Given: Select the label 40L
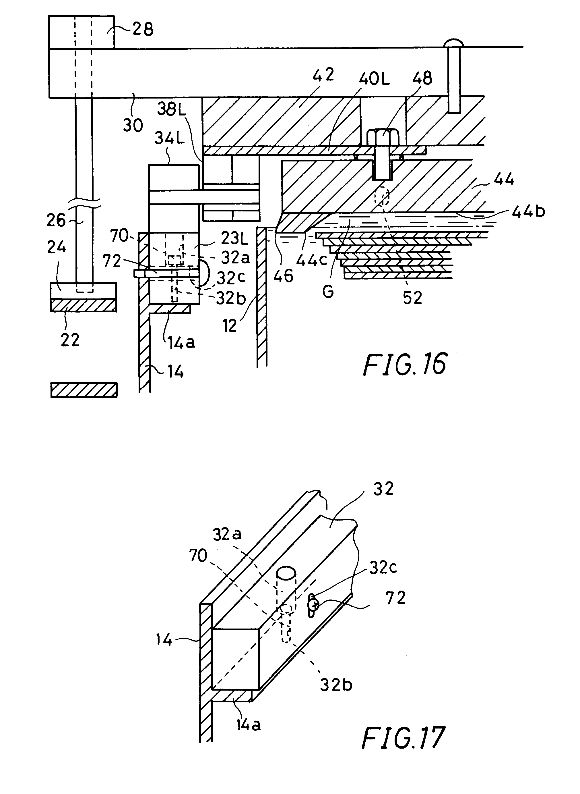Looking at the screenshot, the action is tap(374, 79).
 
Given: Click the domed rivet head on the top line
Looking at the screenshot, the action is tap(454, 44).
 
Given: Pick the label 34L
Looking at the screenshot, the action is tap(170, 138).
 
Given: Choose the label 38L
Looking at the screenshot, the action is tap(171, 109).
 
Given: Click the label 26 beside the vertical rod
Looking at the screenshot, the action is tap(56, 220).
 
